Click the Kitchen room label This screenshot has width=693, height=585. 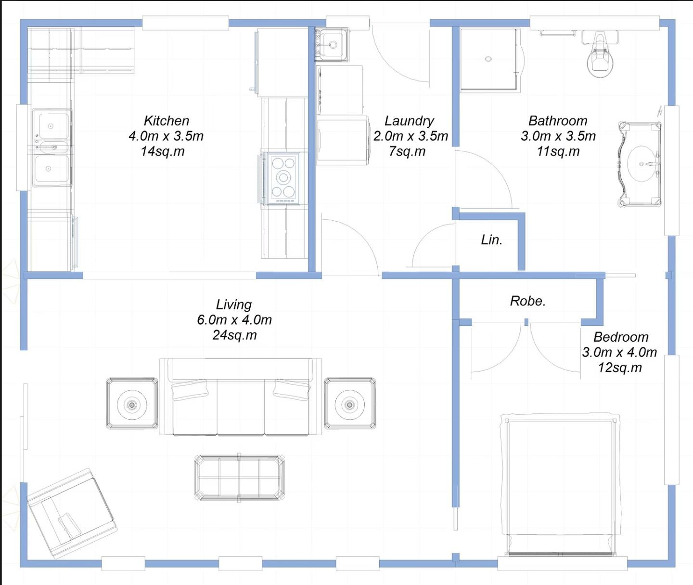[167, 120]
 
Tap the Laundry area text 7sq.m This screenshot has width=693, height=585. [407, 151]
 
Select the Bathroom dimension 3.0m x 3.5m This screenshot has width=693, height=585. [558, 136]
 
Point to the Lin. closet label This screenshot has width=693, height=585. [491, 239]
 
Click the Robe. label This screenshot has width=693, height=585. [528, 301]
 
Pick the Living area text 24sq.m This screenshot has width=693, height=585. [235, 335]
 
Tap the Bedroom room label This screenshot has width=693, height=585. [621, 337]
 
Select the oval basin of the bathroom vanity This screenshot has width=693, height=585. [642, 163]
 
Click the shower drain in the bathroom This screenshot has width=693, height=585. [488, 59]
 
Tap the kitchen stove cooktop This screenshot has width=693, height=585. [282, 178]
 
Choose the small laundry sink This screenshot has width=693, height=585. [332, 44]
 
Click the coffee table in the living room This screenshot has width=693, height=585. [239, 478]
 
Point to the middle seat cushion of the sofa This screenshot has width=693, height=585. [241, 407]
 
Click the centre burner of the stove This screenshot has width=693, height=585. [283, 178]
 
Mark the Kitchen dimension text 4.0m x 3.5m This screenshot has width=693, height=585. [166, 136]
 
